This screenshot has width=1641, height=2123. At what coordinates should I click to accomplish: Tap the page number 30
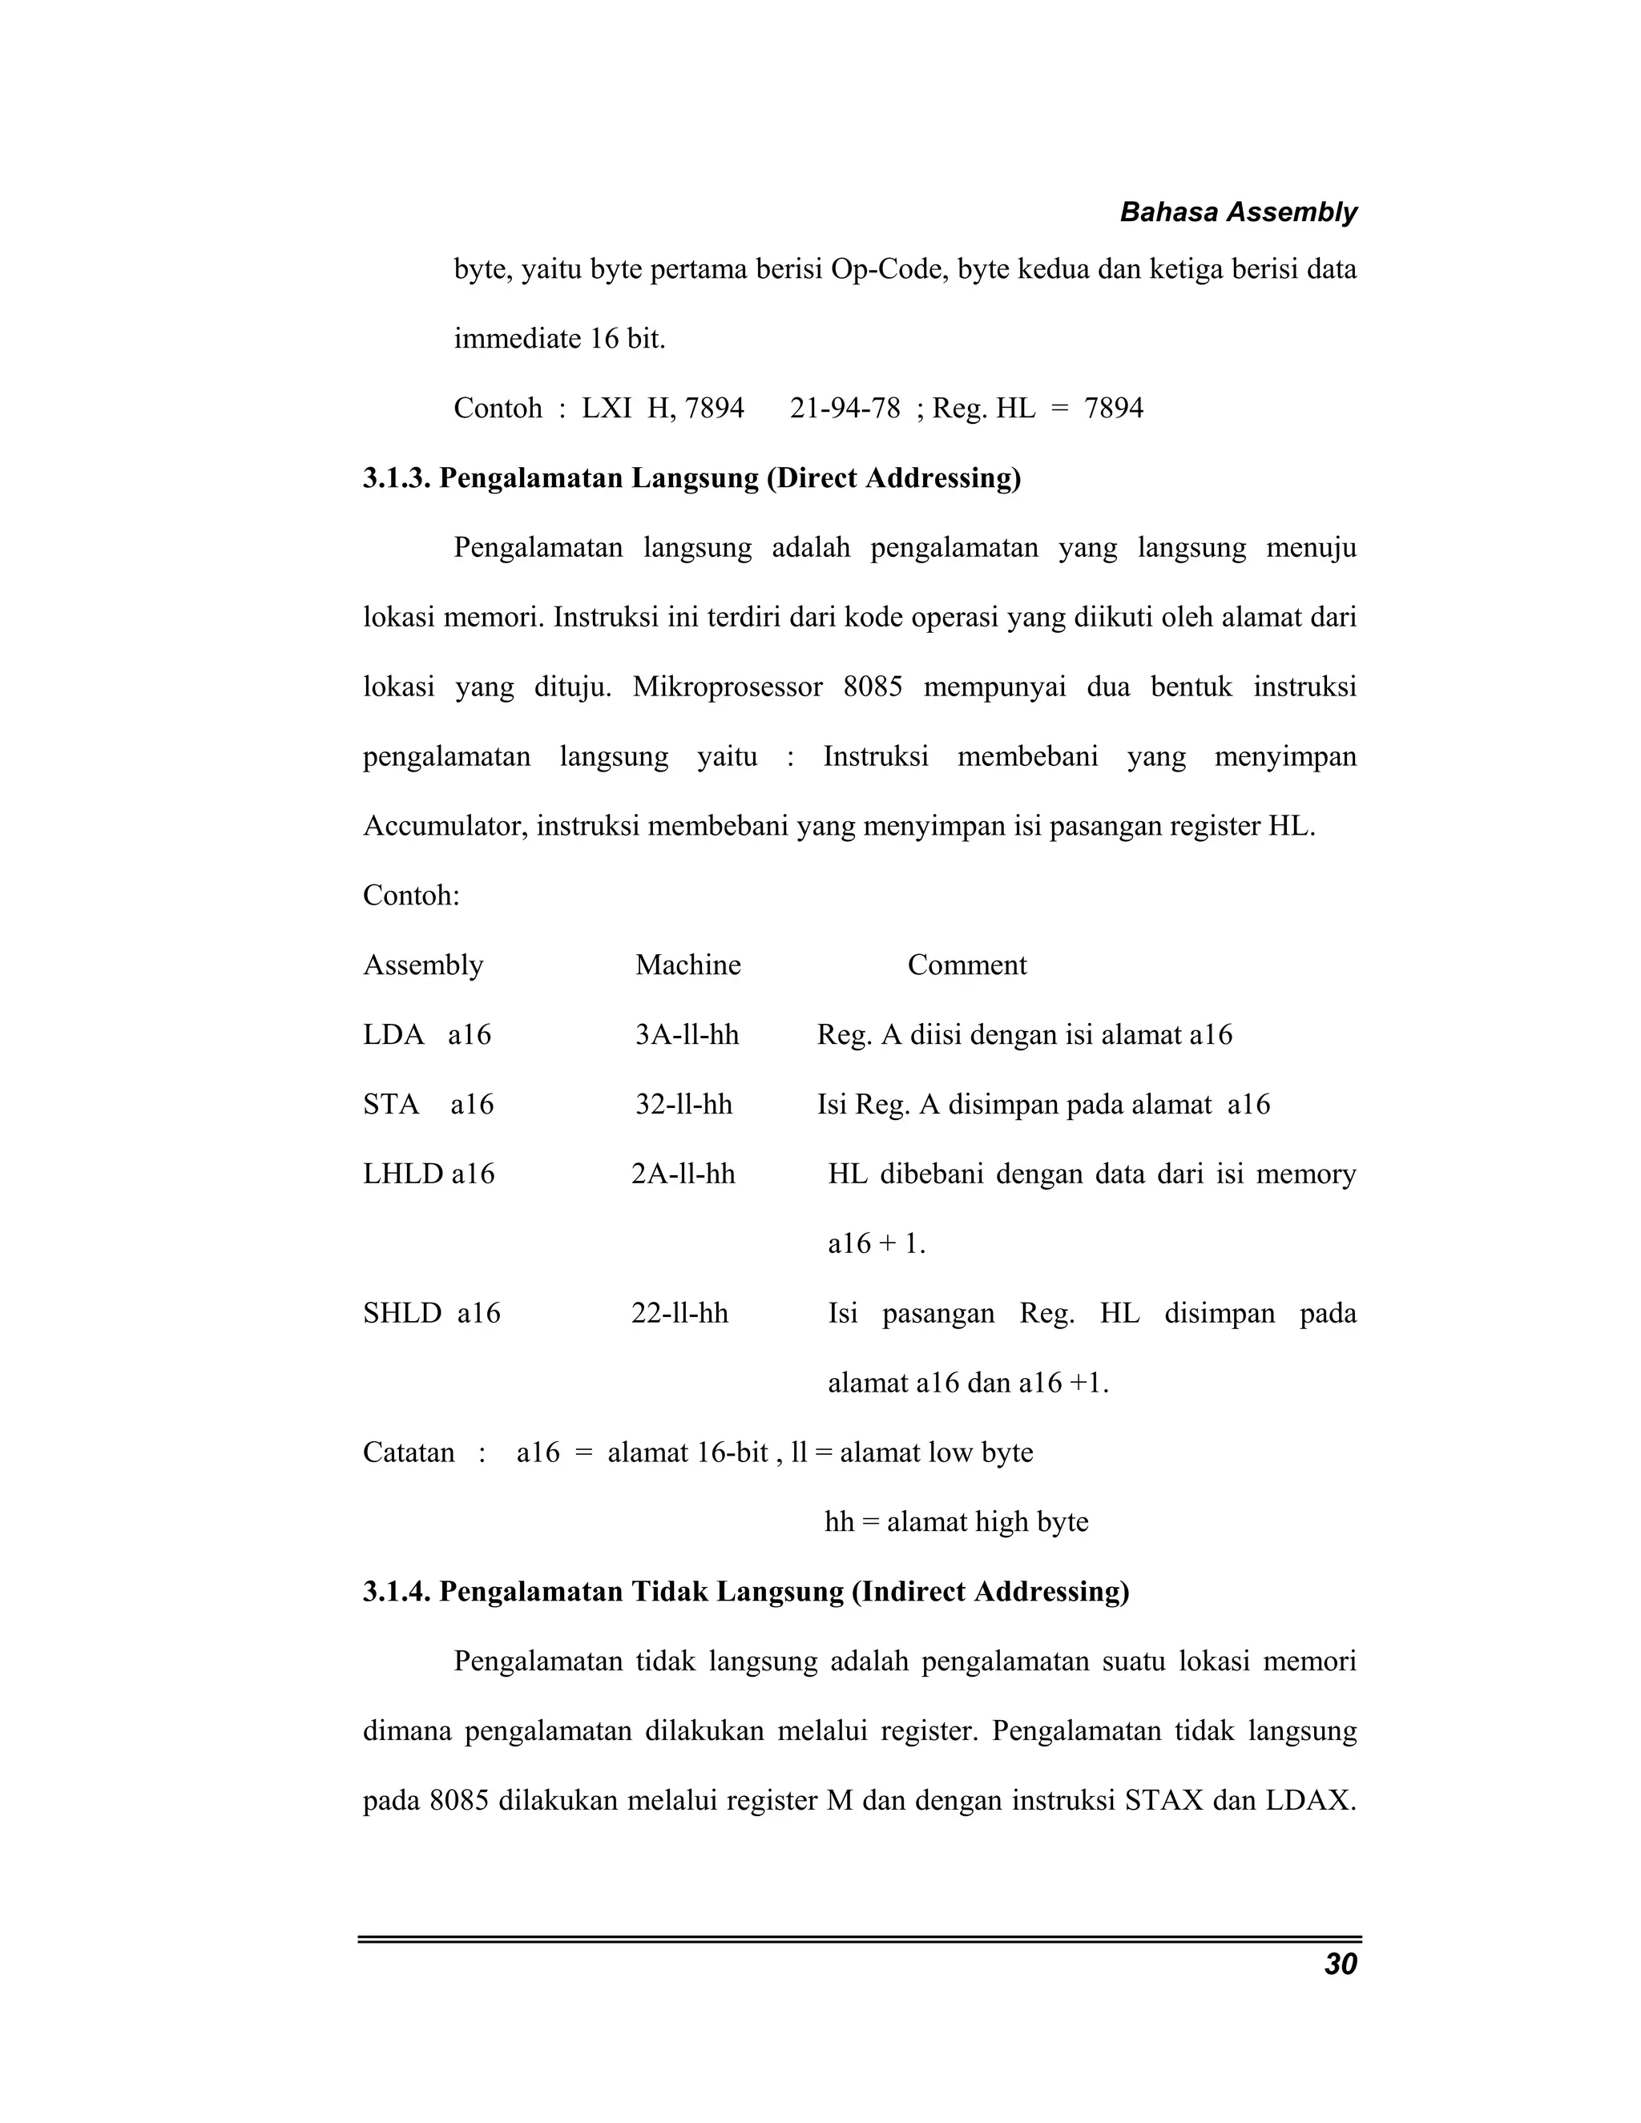click(1341, 1964)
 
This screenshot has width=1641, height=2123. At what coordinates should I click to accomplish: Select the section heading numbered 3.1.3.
click(691, 477)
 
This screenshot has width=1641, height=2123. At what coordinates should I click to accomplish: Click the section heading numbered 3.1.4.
click(746, 1591)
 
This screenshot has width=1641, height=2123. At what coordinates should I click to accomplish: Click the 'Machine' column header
click(687, 965)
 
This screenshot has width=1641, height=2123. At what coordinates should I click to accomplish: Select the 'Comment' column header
click(966, 965)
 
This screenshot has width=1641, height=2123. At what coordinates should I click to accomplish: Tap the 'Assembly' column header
click(423, 965)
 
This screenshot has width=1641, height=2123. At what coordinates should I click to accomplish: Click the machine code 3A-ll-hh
click(687, 1034)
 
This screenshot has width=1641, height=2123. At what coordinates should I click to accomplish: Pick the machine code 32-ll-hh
click(683, 1104)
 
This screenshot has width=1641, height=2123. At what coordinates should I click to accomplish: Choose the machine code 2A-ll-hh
click(683, 1174)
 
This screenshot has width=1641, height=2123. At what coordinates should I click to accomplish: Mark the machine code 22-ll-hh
click(679, 1313)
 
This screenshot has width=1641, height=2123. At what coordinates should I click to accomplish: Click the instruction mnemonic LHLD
click(404, 1174)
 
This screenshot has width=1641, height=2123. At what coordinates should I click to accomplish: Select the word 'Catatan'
click(409, 1452)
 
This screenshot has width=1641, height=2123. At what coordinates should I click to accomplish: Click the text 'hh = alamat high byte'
click(956, 1521)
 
